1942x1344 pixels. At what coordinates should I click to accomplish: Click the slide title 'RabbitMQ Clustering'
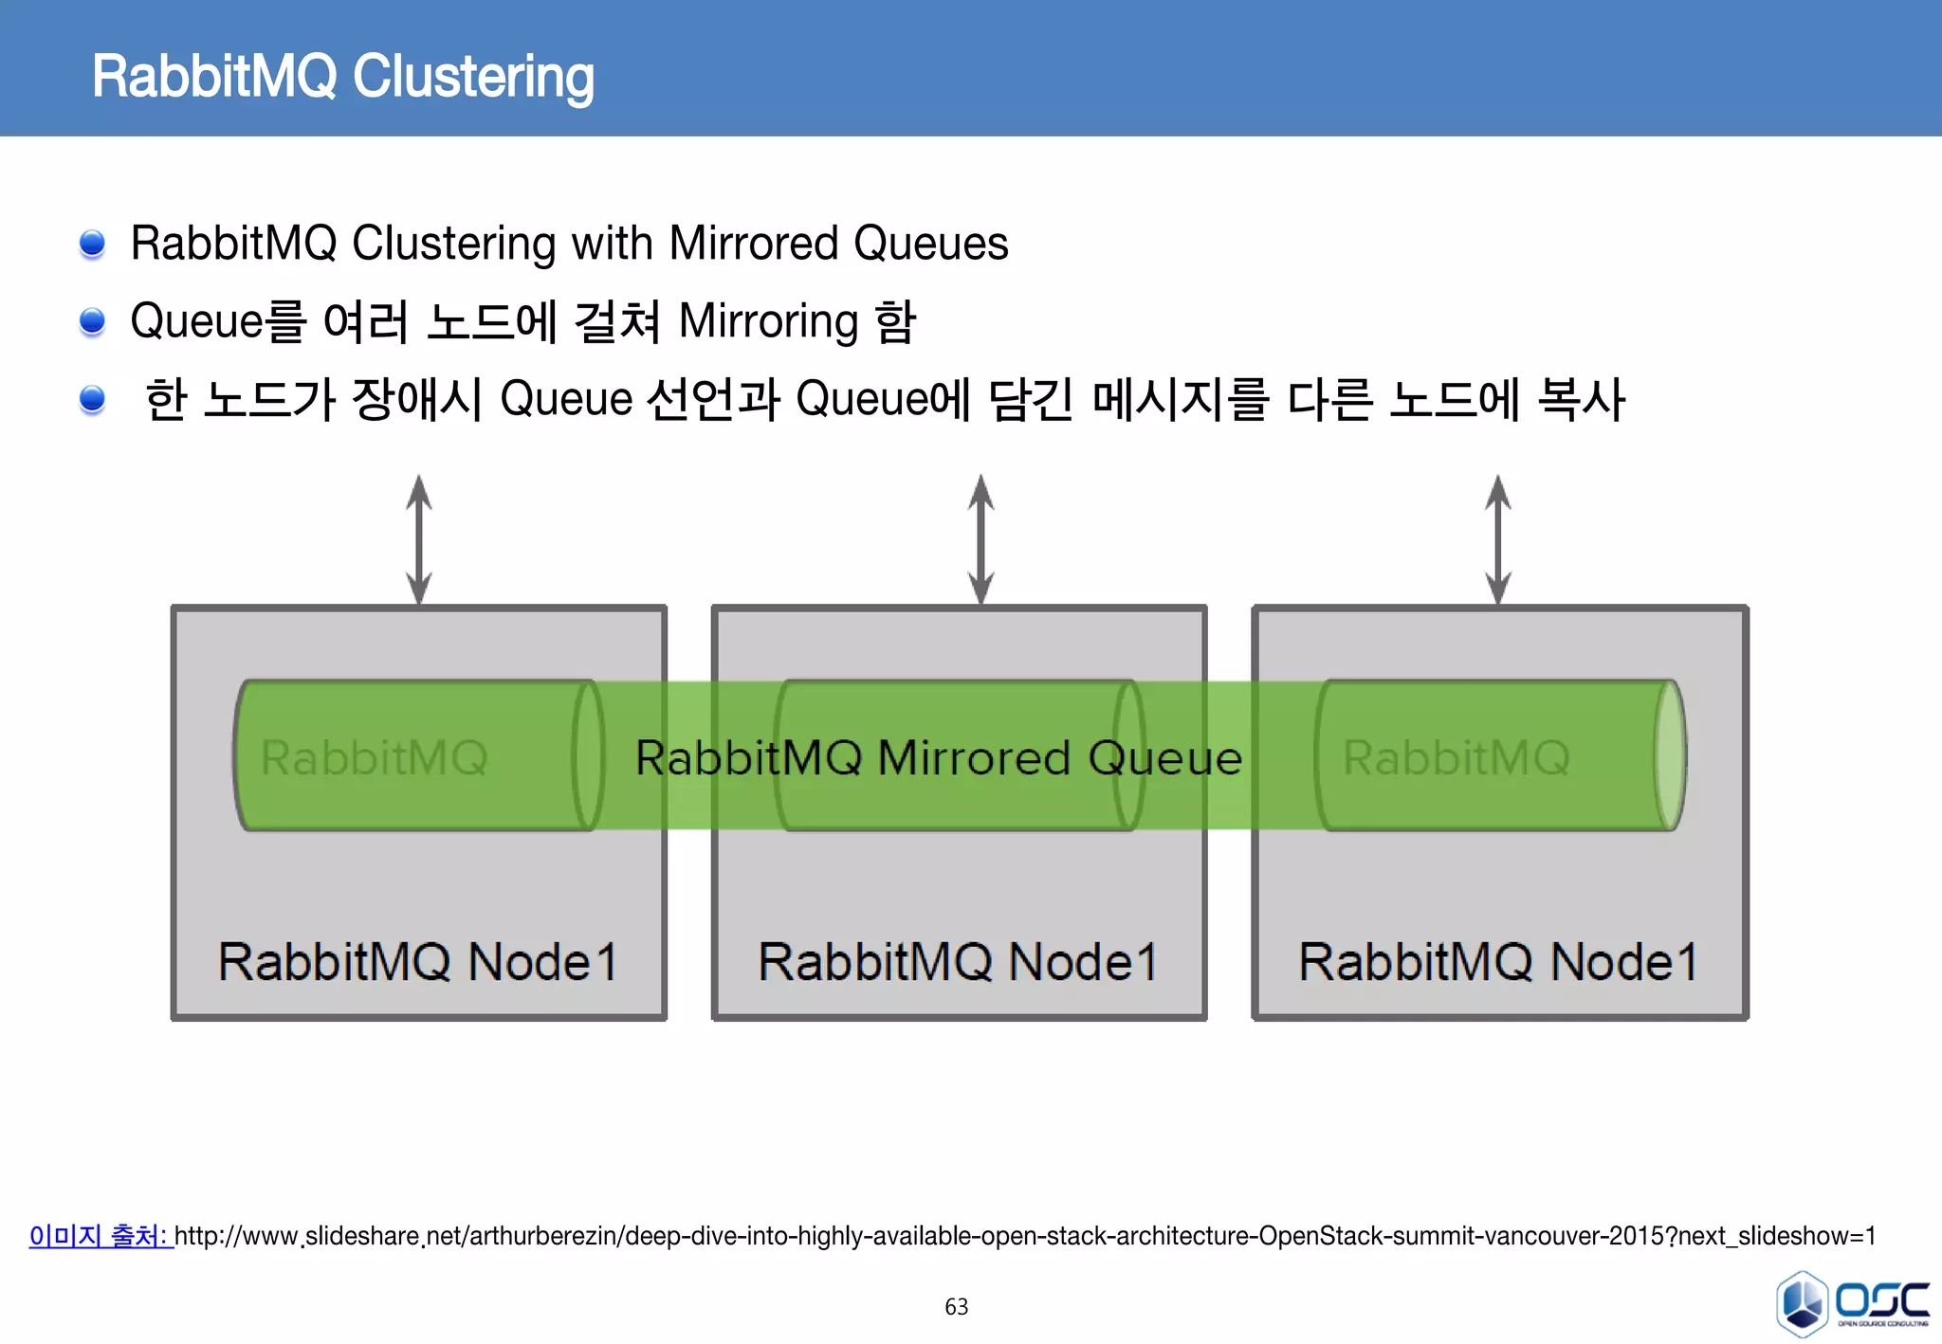342,77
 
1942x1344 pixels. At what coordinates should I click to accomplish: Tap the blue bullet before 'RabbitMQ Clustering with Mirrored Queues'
92,244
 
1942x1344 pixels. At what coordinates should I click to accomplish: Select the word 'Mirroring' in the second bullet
769,321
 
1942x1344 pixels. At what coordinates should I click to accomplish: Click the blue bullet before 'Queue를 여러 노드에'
92,321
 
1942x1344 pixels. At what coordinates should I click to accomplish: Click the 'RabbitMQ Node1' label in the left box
418,962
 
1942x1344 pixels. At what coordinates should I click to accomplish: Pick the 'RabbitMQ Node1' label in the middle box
959,962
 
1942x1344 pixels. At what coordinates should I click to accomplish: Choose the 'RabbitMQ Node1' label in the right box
1499,962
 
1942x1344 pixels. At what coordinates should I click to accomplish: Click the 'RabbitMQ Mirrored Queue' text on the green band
939,758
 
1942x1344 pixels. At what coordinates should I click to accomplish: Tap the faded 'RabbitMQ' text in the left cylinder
374,758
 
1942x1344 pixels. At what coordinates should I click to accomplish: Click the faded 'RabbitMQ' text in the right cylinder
1456,758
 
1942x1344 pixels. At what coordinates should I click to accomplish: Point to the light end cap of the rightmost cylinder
1671,755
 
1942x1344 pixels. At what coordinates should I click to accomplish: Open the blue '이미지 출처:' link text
100,1236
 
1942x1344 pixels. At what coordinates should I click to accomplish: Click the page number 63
956,1307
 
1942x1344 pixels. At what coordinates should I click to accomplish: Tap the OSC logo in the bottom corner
1851,1303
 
